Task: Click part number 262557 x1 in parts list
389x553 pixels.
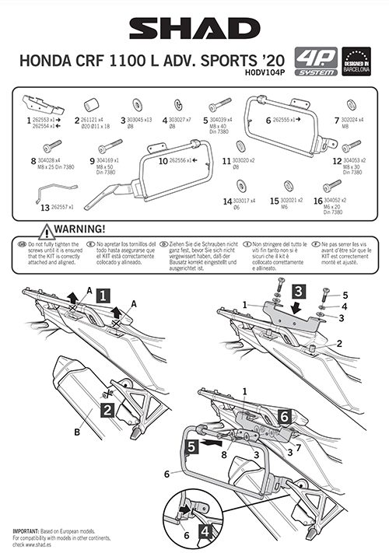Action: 61,208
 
